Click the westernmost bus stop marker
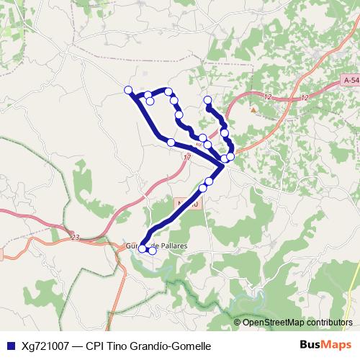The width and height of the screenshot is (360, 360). click(128, 90)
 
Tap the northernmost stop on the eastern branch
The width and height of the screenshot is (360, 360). click(207, 100)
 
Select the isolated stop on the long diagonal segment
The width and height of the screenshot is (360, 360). click(171, 143)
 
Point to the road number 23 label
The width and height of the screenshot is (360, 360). click(76, 236)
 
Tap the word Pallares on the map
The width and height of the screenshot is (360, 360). click(173, 246)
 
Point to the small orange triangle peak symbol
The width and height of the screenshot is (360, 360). click(253, 109)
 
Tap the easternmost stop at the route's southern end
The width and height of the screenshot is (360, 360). click(152, 251)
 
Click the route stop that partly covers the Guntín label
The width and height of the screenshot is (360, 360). click(143, 248)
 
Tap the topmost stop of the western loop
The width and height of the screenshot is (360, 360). click(168, 91)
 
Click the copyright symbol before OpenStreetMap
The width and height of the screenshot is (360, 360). click(238, 323)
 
